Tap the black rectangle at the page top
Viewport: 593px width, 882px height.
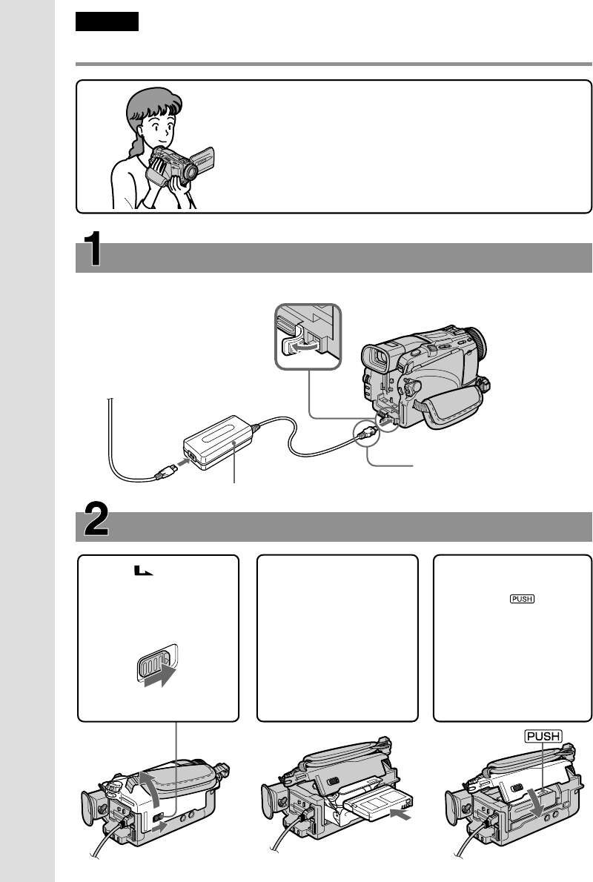click(107, 22)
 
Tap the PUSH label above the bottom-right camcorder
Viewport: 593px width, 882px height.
click(542, 736)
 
